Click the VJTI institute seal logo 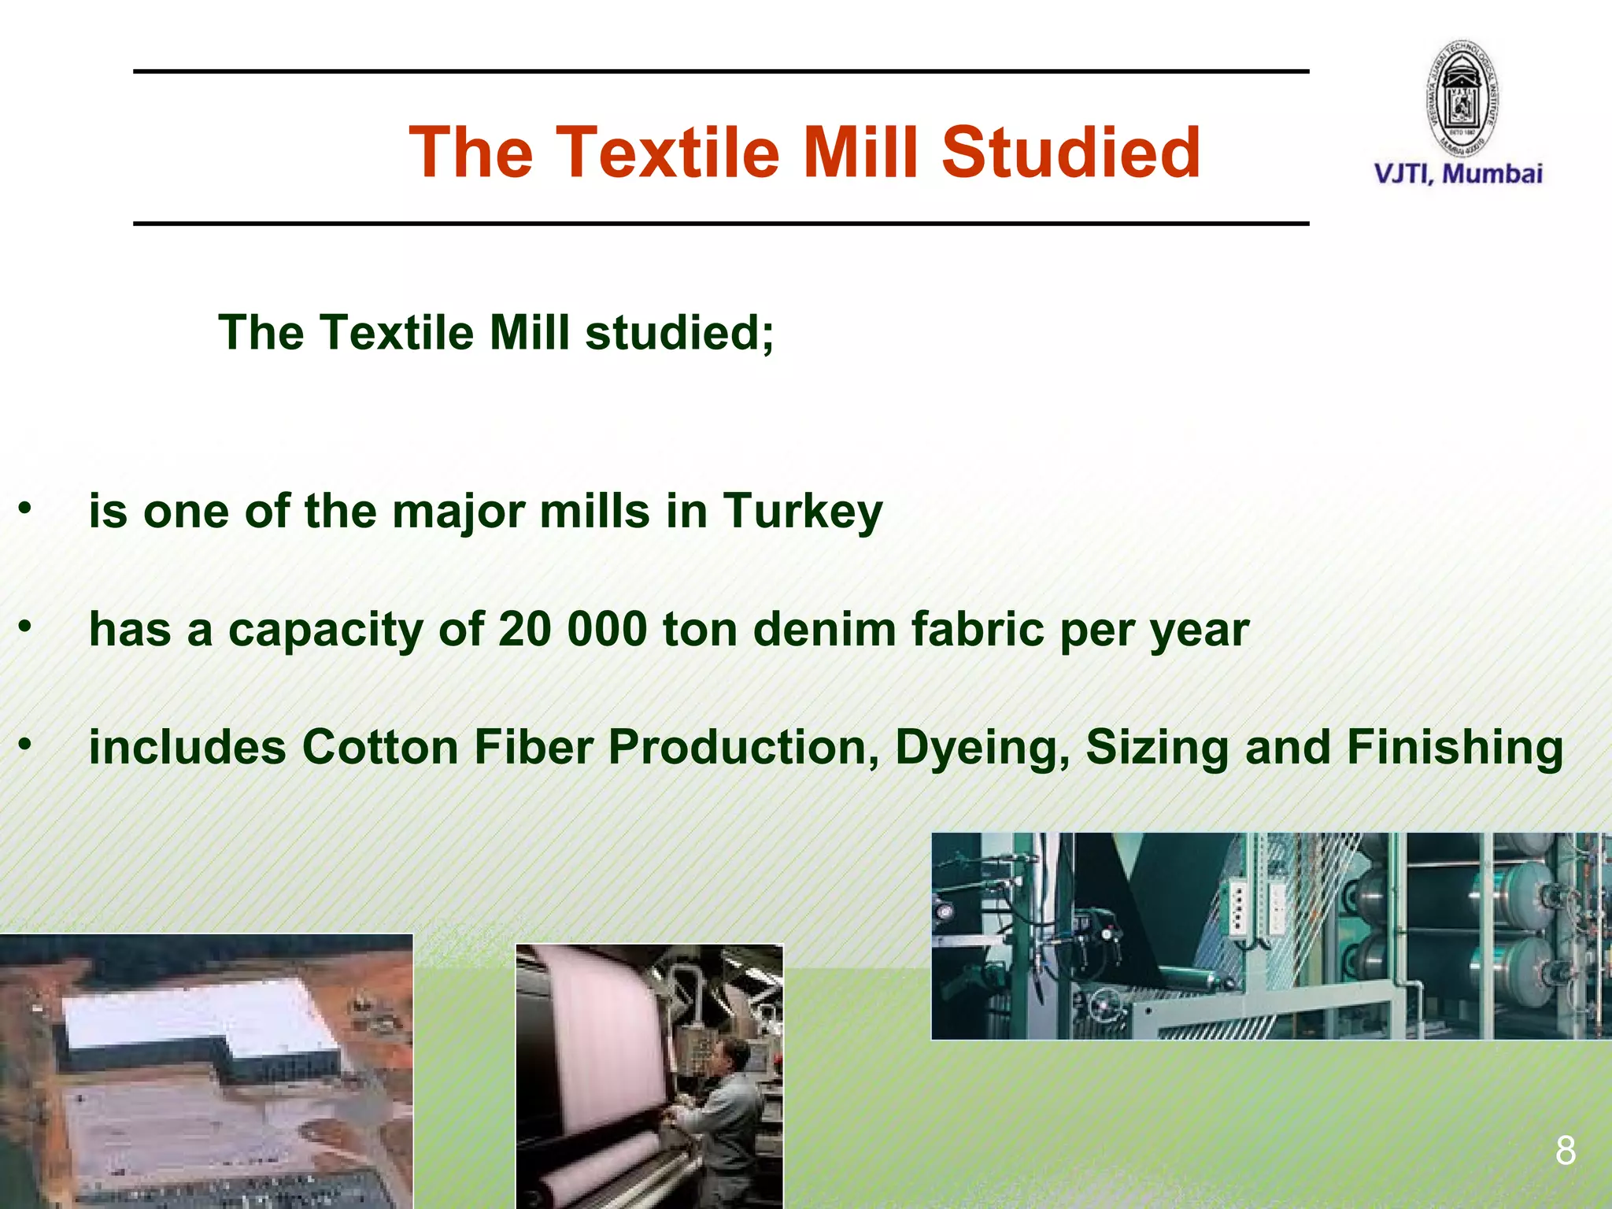click(1462, 98)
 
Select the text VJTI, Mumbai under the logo click(1458, 174)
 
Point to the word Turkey click(803, 512)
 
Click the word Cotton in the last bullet click(380, 748)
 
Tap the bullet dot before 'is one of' click(25, 508)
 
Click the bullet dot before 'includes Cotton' click(25, 744)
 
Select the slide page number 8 click(1565, 1151)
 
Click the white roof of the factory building click(197, 1015)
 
